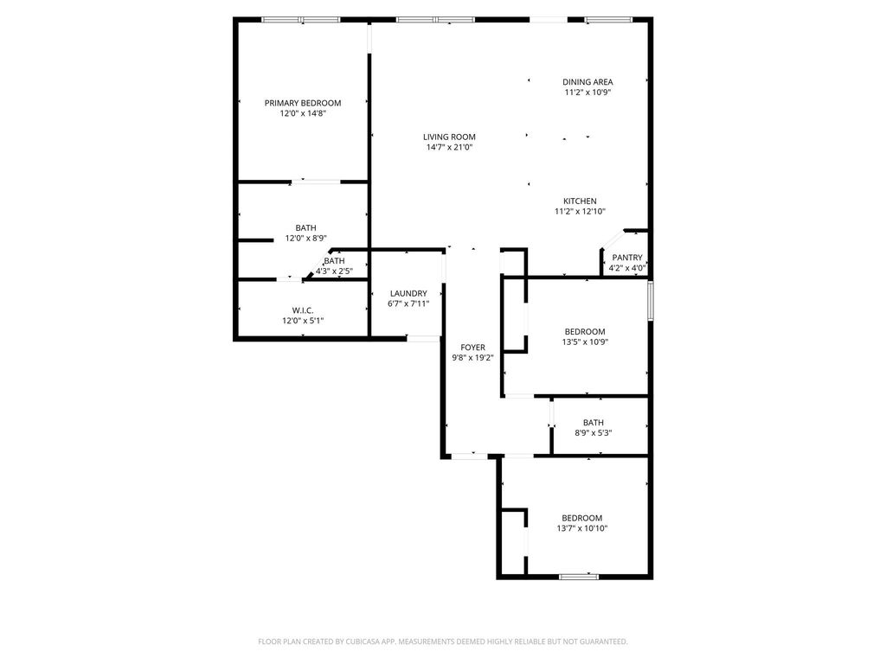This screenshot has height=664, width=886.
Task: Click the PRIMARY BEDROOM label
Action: [303, 103]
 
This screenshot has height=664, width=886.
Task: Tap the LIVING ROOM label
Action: [449, 137]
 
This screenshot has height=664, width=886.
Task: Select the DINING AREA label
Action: [587, 82]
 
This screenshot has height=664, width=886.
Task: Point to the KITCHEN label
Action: [580, 201]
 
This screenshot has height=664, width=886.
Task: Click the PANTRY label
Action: [627, 258]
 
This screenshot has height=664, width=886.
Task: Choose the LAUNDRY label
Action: [408, 294]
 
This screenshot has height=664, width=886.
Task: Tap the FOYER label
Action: [473, 348]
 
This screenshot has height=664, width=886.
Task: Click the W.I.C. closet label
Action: [303, 310]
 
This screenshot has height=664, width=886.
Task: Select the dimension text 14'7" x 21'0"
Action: [449, 147]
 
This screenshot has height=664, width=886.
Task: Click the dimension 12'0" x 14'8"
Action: [303, 113]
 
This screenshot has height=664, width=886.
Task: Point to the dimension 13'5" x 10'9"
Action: [585, 342]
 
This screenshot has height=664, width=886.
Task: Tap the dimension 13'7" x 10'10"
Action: [582, 529]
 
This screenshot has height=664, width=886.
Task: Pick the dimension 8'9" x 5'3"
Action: [594, 434]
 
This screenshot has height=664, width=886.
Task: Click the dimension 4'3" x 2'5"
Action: [334, 271]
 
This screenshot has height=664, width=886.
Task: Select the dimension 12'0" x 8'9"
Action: [305, 239]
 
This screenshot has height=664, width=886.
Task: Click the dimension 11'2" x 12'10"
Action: [580, 212]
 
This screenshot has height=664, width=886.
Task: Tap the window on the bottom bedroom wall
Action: [579, 577]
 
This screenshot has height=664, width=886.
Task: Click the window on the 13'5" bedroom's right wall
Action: [651, 300]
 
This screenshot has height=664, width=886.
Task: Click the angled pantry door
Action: [613, 239]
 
